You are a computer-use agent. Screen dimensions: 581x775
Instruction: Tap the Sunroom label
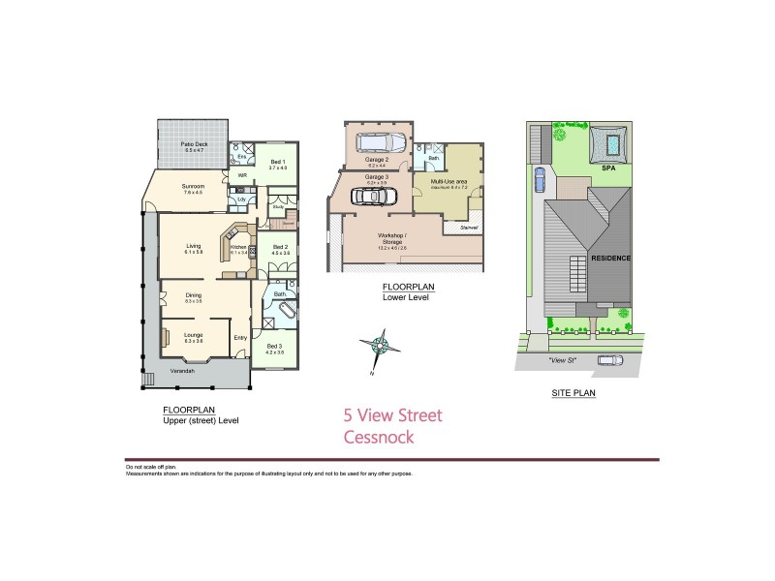193,187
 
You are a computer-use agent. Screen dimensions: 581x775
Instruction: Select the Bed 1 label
278,162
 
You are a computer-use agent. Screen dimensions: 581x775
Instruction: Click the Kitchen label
238,248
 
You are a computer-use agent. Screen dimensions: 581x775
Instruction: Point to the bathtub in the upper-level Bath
282,314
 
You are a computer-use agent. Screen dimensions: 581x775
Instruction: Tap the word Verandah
183,372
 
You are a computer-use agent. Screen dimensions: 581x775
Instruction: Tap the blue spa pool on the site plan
613,146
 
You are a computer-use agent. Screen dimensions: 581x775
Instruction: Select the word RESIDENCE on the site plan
610,259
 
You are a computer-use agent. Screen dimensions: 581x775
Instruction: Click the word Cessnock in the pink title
379,438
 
